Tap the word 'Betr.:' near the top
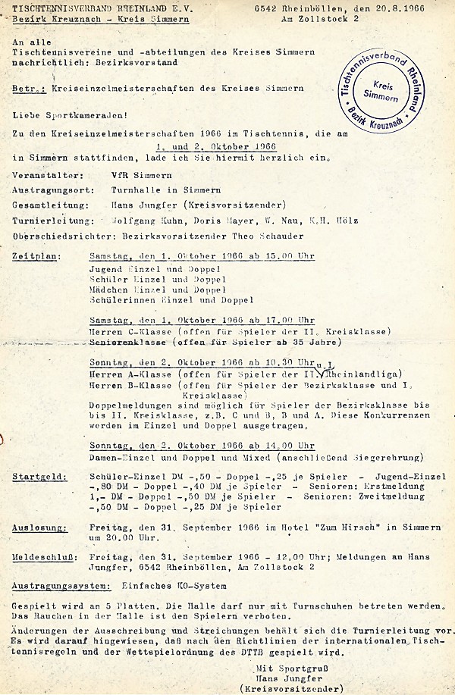(27, 88)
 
